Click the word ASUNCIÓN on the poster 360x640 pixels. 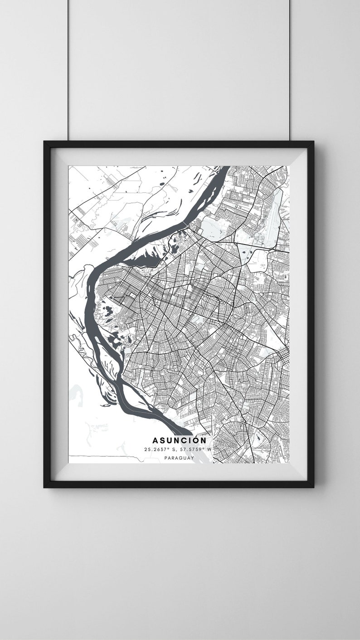click(x=179, y=440)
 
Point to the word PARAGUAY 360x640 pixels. click(x=179, y=458)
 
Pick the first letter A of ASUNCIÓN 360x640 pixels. click(x=155, y=440)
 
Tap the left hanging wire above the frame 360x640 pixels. click(x=68, y=68)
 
